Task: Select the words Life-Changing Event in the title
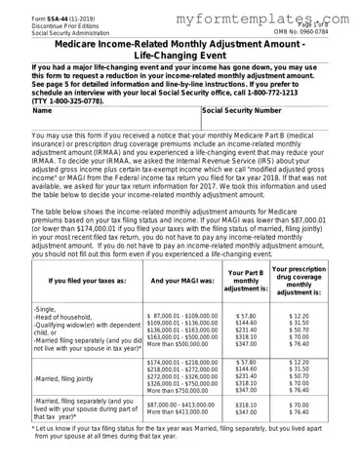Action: coord(180,58)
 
